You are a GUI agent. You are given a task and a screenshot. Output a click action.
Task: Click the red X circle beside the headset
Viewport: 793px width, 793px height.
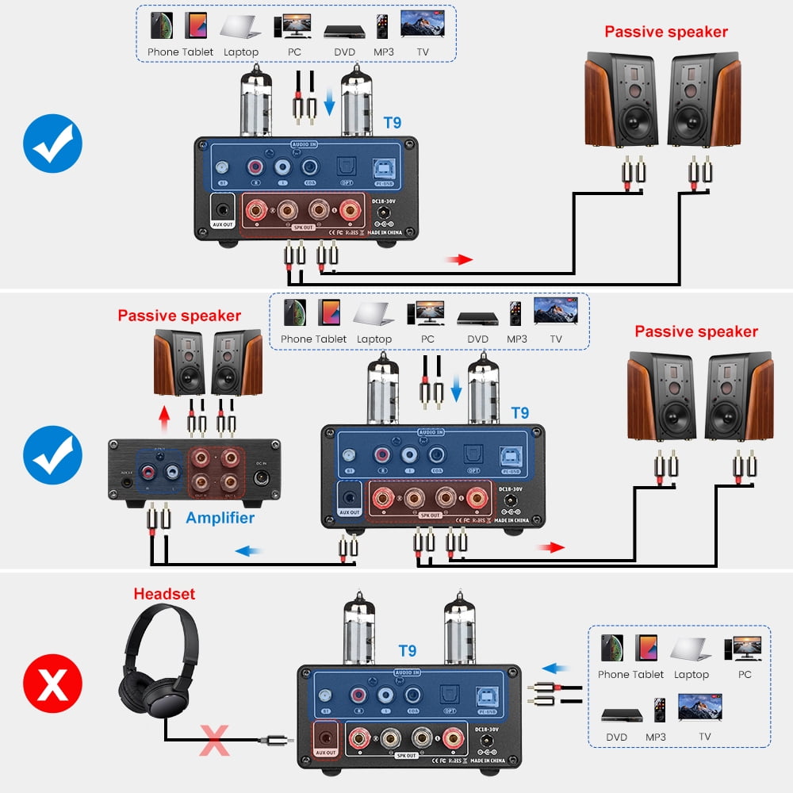pyautogui.click(x=53, y=684)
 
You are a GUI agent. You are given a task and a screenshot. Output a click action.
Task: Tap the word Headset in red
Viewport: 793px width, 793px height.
pyautogui.click(x=164, y=593)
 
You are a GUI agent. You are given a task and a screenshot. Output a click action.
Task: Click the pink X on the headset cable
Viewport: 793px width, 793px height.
pyautogui.click(x=213, y=739)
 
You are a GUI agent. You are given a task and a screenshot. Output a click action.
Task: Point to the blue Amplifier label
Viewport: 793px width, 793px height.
pyautogui.click(x=220, y=518)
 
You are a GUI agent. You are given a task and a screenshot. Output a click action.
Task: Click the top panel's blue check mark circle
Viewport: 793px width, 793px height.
pyautogui.click(x=53, y=144)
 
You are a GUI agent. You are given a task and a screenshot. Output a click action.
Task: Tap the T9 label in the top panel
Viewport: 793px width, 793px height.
pyautogui.click(x=393, y=123)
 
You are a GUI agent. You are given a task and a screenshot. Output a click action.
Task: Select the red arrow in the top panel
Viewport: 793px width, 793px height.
pyautogui.click(x=459, y=259)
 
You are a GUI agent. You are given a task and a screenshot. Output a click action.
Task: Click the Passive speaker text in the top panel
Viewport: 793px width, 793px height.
pyautogui.click(x=665, y=33)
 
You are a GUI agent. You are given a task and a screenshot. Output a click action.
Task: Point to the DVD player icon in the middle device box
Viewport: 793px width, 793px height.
pyautogui.click(x=477, y=317)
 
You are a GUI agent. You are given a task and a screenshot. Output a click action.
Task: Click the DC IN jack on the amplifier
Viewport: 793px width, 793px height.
pyautogui.click(x=262, y=478)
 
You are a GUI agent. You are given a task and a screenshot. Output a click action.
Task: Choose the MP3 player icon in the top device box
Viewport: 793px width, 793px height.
pyautogui.click(x=383, y=25)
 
